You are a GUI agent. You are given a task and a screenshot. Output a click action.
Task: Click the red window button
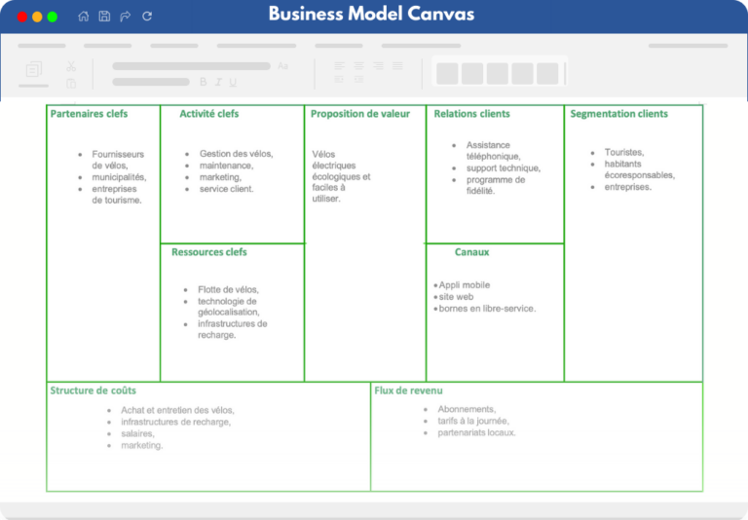[22, 17]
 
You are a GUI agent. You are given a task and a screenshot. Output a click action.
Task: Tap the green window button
[53, 17]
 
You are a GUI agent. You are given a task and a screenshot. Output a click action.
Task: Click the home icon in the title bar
[84, 17]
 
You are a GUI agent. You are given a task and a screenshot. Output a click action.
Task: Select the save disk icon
[104, 17]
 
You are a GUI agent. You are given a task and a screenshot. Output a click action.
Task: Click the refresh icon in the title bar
[147, 17]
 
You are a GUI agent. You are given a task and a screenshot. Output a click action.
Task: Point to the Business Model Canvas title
[372, 14]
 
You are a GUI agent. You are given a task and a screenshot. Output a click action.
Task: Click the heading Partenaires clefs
[89, 114]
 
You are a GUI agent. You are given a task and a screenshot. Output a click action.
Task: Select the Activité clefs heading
[209, 114]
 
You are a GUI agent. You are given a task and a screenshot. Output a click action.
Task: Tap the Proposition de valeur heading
[360, 114]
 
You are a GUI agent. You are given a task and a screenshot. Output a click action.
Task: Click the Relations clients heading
[471, 114]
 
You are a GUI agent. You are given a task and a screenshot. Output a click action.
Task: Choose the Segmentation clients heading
[618, 114]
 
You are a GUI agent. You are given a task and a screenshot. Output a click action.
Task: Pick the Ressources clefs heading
[209, 252]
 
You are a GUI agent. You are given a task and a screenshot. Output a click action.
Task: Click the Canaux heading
[471, 252]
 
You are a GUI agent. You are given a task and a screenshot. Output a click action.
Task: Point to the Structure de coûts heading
[93, 390]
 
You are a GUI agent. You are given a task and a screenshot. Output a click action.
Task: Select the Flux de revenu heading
[408, 390]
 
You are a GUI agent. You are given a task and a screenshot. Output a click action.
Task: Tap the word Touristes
[624, 152]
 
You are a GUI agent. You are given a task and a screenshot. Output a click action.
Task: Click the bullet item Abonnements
[467, 409]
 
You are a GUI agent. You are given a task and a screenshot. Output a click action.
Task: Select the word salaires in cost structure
[137, 433]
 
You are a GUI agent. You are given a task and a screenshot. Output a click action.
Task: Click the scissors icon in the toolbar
[71, 66]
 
